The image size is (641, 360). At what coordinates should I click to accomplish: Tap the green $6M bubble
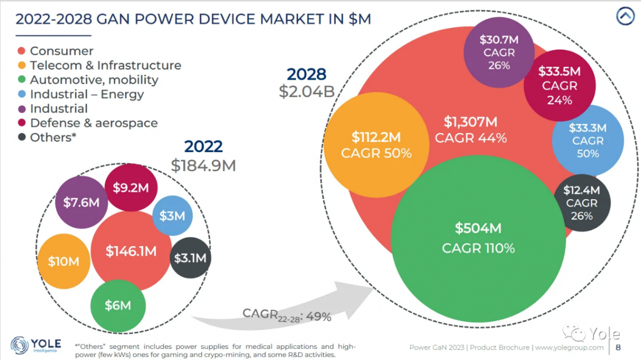[x=118, y=306]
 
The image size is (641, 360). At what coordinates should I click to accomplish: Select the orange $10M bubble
[x=64, y=261]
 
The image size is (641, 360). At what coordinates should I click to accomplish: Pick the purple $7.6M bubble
[x=81, y=202]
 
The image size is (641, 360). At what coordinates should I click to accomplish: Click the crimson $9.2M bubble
[x=131, y=188]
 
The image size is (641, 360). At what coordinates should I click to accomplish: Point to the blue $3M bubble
[x=172, y=216]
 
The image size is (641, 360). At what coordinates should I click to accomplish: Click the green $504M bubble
[x=478, y=238]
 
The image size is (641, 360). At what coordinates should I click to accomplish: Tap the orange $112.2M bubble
[x=376, y=146]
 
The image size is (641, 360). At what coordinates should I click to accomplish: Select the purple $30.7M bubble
[x=498, y=52]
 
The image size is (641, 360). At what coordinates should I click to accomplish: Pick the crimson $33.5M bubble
[x=559, y=85]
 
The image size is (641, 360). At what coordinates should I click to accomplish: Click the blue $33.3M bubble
[x=587, y=140]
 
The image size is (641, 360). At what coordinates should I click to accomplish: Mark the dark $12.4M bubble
[x=582, y=202]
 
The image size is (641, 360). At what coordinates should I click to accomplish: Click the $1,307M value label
[x=470, y=122]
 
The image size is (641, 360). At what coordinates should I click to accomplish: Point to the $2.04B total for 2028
[x=307, y=91]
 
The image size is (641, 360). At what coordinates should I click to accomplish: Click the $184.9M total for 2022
[x=203, y=165]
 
